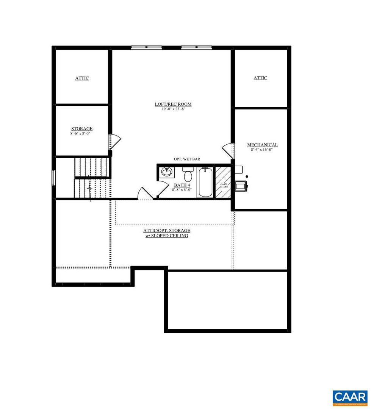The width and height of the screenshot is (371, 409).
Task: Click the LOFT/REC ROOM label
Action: click(173, 104)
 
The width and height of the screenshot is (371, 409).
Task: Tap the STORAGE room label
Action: click(82, 129)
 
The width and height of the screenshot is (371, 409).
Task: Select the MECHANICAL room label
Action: click(262, 145)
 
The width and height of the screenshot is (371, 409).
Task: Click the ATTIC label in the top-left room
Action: click(82, 78)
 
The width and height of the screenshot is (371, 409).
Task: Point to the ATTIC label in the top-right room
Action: click(260, 78)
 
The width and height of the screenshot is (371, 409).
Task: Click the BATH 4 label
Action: click(182, 185)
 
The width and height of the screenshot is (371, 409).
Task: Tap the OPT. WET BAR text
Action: click(187, 159)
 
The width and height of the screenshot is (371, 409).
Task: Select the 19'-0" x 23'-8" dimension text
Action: click(173, 109)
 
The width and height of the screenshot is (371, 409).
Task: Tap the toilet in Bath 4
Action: click(188, 175)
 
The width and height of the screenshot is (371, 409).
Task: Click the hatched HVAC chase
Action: click(223, 182)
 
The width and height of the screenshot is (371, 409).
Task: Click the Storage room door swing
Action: click(115, 141)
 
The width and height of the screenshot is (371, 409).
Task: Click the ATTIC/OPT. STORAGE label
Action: click(166, 230)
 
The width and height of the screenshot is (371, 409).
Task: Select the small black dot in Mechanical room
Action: click(247, 176)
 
